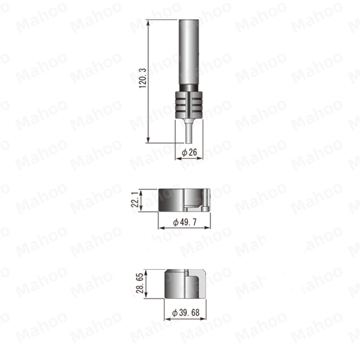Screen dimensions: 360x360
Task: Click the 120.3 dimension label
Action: [143, 78]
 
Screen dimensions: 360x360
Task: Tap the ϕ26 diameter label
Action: [189, 152]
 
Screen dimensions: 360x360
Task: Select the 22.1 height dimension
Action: [135, 199]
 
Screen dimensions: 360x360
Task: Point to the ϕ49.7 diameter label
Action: [185, 222]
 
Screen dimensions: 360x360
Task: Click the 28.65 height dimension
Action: [140, 283]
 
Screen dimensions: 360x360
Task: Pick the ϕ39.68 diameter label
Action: [186, 312]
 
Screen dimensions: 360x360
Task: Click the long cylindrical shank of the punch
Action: [189, 52]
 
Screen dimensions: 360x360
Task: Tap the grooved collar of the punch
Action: [189, 105]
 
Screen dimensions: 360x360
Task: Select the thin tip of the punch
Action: [189, 133]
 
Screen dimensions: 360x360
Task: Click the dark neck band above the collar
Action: [189, 88]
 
